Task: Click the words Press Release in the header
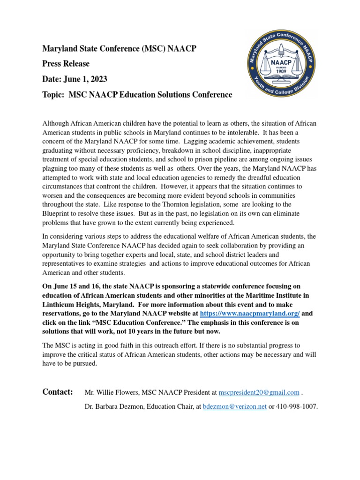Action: pyautogui.click(x=66, y=63)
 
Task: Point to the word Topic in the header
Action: pyautogui.click(x=53, y=95)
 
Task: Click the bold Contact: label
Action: pyautogui.click(x=58, y=392)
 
